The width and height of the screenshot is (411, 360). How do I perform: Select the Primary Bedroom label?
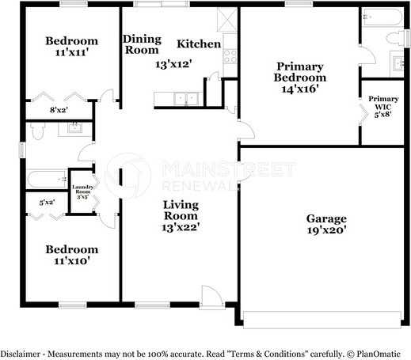[x=299, y=72]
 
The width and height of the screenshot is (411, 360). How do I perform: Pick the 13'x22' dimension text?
[x=181, y=227]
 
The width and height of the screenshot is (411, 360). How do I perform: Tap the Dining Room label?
[x=142, y=44]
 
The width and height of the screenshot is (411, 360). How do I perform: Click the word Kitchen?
[x=198, y=43]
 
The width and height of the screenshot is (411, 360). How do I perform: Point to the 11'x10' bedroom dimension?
[x=71, y=263]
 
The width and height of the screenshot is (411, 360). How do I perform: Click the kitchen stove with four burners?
[x=230, y=55]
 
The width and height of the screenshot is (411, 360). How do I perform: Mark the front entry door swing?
[x=211, y=297]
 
